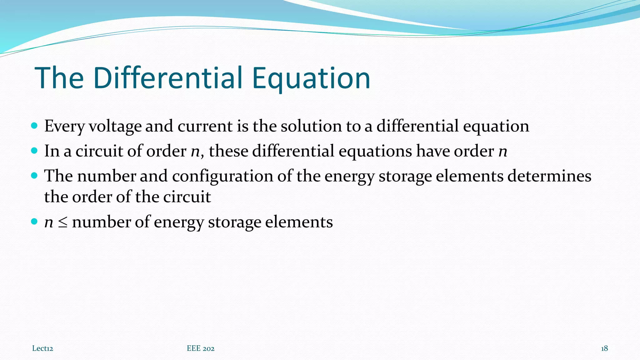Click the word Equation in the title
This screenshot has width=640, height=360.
point(311,78)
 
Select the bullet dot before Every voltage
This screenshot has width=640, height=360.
point(34,126)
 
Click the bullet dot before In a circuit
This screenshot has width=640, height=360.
point(34,151)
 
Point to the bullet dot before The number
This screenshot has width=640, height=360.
point(34,176)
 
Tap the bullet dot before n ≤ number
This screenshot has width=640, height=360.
point(34,222)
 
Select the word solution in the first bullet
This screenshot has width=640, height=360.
point(311,126)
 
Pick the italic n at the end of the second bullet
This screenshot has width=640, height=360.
point(502,151)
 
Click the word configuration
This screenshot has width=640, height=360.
point(222,176)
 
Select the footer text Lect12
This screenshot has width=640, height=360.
point(42,348)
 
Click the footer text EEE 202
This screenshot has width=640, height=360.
point(201,348)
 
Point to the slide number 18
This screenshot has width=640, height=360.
point(604,348)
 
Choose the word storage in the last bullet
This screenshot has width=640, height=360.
point(234,222)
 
